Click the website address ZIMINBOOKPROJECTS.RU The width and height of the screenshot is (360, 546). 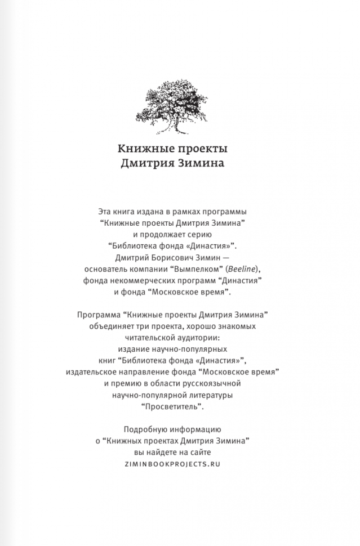(x=180, y=463)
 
